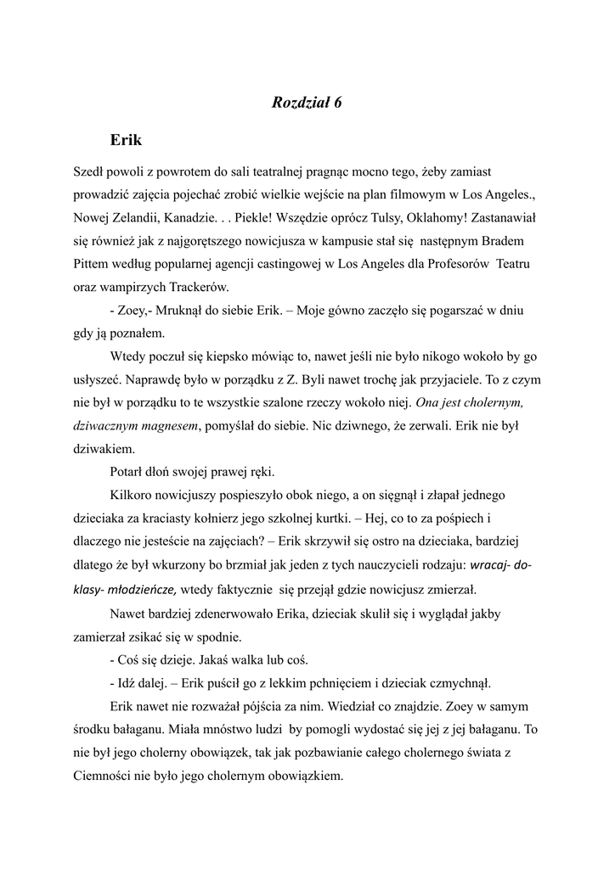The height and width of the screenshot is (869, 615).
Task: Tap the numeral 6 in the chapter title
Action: [337, 103]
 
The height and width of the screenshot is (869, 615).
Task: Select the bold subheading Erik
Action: [126, 139]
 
